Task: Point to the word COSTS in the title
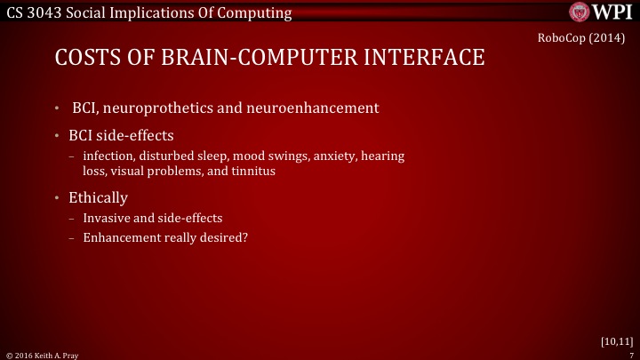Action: point(84,59)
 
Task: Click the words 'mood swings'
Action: point(262,156)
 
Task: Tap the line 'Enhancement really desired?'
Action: point(164,237)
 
